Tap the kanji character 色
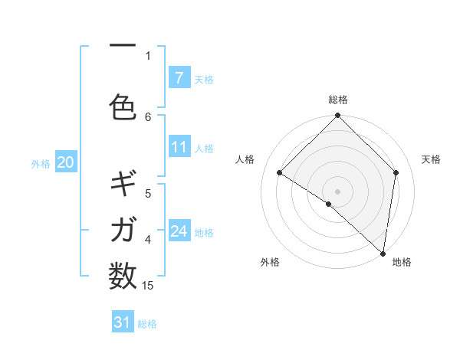coord(123,107)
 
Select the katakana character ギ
coord(123,185)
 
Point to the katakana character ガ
coord(123,229)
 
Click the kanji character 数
coord(123,273)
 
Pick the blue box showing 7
coord(179,78)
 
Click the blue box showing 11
coord(179,147)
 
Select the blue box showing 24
coord(179,231)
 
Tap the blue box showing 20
coord(66,162)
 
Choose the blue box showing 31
coord(123,322)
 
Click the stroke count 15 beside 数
coord(148,286)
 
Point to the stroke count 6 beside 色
coord(148,116)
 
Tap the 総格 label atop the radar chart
coord(338,100)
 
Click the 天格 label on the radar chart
coord(431,159)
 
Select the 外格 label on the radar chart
coord(270,262)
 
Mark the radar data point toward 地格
coord(383,254)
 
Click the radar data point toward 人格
coord(280,172)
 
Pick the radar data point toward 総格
coord(338,116)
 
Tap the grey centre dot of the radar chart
coord(338,191)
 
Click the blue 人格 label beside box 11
coord(204,148)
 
